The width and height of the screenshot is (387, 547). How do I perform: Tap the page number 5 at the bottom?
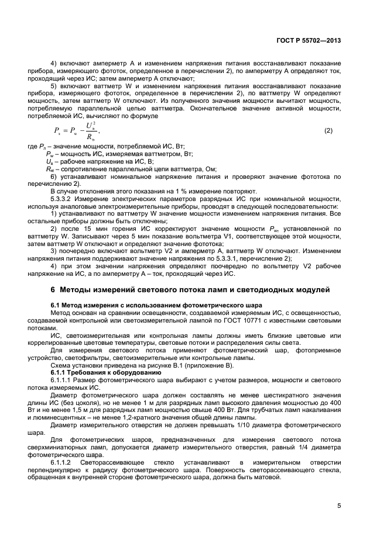pos(339,506)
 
